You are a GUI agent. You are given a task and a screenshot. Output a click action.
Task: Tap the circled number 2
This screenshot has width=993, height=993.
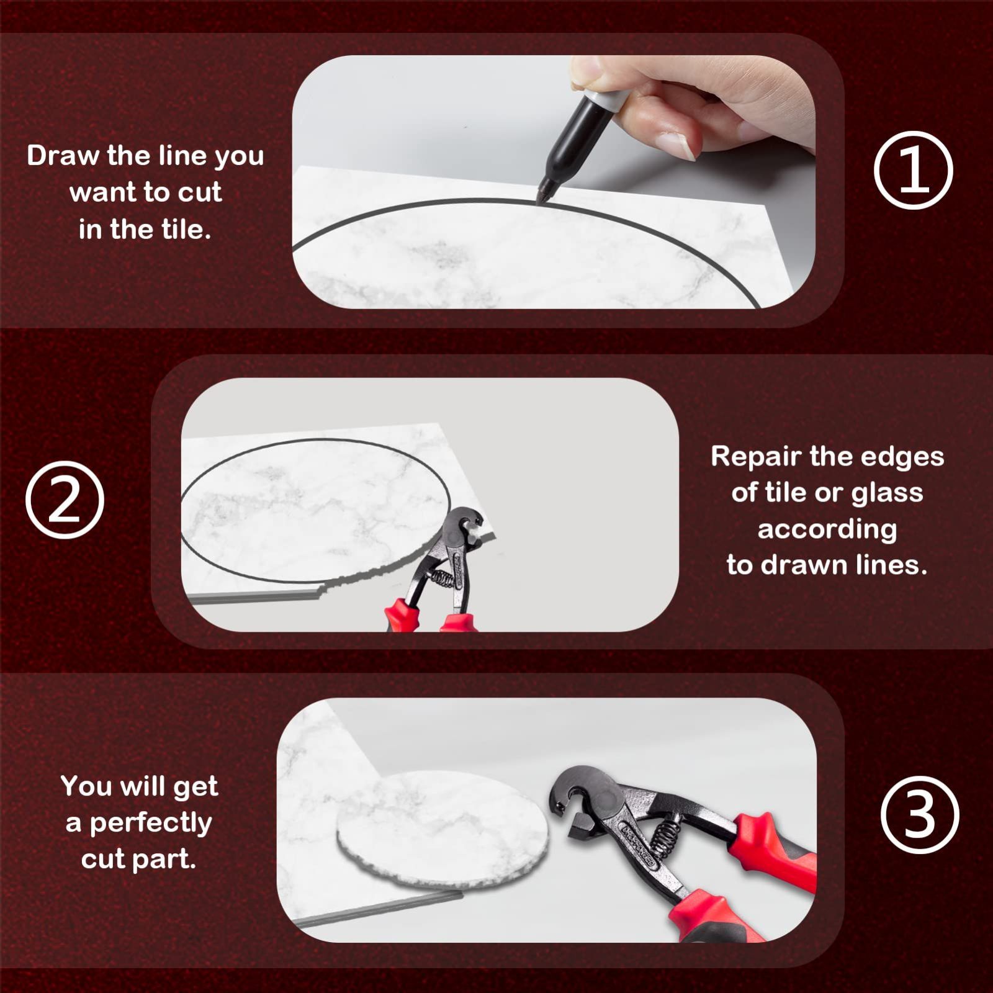pos(65,500)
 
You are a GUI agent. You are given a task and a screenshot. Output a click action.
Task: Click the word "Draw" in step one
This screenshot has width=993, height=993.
pos(64,155)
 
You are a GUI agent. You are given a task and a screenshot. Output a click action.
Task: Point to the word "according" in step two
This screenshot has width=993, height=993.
pos(827,530)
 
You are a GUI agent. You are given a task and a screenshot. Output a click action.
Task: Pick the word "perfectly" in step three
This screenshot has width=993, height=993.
pos(151,824)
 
